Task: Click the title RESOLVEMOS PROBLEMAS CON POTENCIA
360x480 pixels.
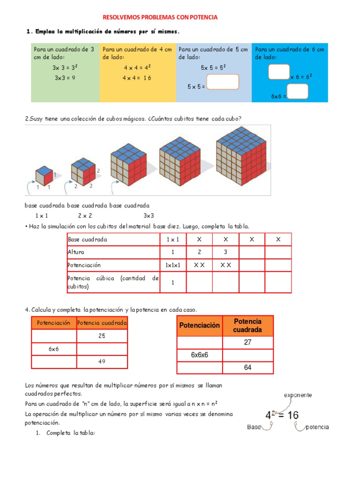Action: click(160, 17)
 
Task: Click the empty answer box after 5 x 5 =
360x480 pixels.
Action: click(222, 82)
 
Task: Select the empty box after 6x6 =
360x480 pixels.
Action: click(297, 91)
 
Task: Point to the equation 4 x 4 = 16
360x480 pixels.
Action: click(137, 78)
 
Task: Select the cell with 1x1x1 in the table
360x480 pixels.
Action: click(172, 265)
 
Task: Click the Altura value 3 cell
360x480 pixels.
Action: click(225, 252)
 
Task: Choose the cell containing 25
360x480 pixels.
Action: click(102, 336)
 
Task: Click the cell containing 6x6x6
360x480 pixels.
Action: click(199, 355)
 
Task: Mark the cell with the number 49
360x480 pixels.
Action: click(102, 362)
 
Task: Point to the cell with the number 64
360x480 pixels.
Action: click(247, 367)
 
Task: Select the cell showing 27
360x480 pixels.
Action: click(247, 343)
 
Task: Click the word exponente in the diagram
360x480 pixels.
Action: click(298, 395)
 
